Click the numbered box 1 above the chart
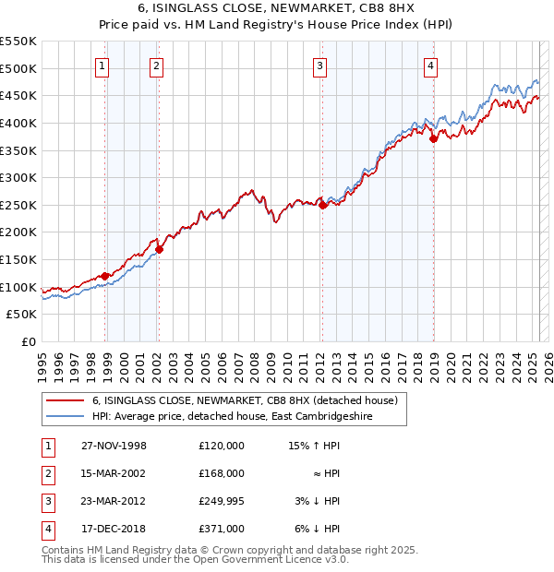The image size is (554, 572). pos(101,66)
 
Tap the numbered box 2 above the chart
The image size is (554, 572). pos(157,66)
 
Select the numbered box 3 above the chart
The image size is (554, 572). pos(319,66)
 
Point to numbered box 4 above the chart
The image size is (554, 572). pos(430,66)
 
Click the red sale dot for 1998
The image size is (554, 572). pos(105,275)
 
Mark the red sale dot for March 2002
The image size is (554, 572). pos(159,249)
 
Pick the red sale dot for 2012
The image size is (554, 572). pos(322,205)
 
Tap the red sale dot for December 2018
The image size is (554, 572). pos(433,138)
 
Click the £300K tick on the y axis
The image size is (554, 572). pos(18,177)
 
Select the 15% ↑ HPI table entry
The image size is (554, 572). pos(314,446)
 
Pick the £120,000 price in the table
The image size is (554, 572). pos(221,446)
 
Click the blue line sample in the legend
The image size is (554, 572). pos(67,416)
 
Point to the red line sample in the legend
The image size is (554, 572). pos(67,400)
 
